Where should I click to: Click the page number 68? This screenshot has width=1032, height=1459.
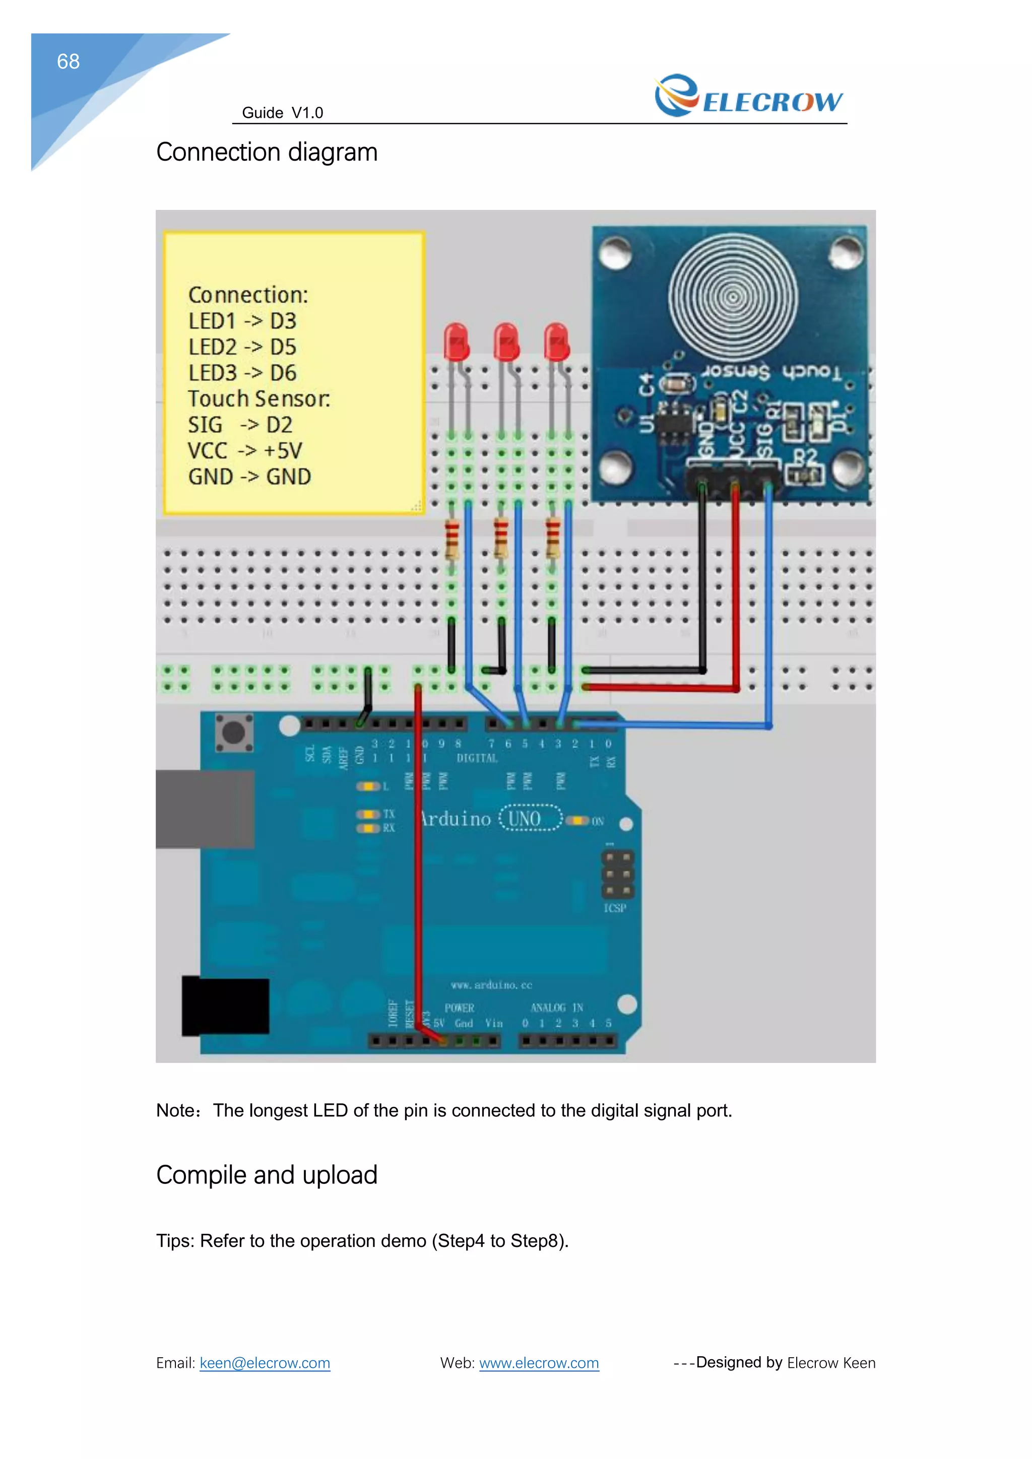[x=68, y=61]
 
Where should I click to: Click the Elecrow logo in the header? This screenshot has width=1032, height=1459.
[x=749, y=97]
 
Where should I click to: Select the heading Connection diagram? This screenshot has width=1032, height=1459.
[x=267, y=153]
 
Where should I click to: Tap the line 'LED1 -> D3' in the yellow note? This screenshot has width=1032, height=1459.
[x=242, y=321]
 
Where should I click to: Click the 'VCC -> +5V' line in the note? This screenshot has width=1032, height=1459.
[x=245, y=450]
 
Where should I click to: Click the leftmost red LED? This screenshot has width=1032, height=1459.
[x=456, y=342]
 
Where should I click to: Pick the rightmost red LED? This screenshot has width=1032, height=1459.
[x=557, y=342]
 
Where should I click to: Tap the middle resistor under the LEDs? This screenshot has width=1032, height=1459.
[x=501, y=538]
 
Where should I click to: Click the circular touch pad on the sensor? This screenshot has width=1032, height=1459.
[x=733, y=297]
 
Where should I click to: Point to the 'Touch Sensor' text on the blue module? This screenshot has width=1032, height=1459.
[x=772, y=372]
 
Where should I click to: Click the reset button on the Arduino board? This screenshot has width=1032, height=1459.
[x=233, y=732]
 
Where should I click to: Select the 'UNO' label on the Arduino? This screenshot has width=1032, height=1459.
[x=525, y=819]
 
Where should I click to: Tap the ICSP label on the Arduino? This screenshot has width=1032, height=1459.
[x=614, y=908]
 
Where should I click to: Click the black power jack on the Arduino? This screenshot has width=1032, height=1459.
[x=226, y=1006]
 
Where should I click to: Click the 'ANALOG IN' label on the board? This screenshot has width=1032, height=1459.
[x=557, y=1008]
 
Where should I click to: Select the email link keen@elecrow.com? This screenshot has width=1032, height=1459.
[x=265, y=1363]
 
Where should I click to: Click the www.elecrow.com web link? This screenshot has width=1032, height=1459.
[x=539, y=1363]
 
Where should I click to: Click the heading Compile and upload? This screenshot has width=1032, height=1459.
[x=267, y=1175]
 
